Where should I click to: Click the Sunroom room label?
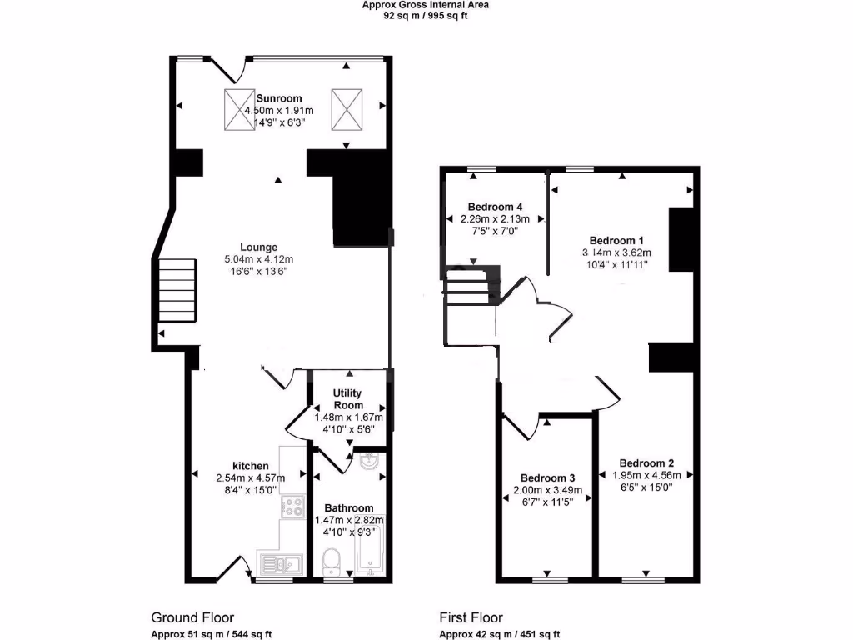point(279,97)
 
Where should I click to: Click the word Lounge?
point(258,247)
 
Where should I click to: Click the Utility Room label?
point(347,398)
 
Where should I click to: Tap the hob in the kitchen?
point(292,507)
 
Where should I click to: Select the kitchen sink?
point(279,564)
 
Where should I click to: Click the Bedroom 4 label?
point(495,206)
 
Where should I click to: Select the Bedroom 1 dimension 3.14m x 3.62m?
point(616,252)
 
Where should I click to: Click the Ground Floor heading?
point(187,617)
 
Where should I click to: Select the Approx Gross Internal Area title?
point(425,4)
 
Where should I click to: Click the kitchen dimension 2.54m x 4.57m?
point(250,477)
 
